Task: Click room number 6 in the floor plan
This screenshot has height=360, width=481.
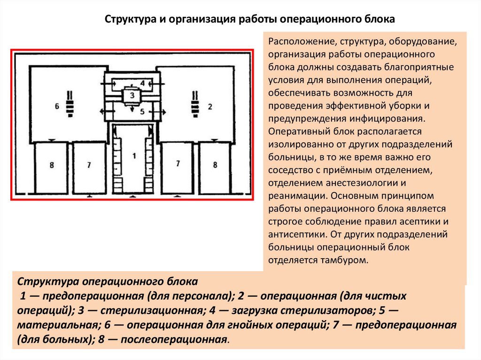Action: click(57, 107)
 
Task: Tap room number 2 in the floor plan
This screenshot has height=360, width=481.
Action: click(210, 107)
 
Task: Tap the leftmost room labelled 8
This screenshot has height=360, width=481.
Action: click(51, 165)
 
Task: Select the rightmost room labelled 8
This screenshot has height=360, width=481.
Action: click(215, 165)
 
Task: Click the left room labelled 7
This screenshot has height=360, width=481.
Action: click(88, 165)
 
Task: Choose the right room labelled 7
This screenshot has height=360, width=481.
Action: click(177, 164)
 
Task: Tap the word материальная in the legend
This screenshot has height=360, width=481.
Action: click(58, 325)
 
